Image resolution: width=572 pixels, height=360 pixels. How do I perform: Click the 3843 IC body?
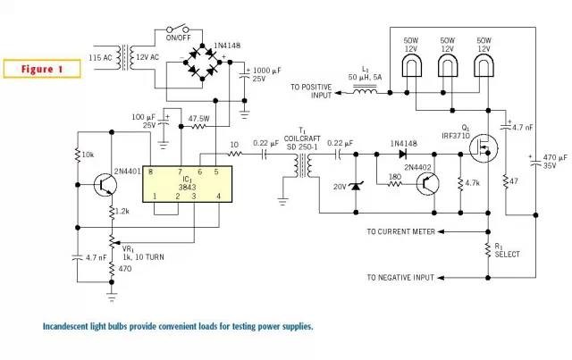pyautogui.click(x=187, y=183)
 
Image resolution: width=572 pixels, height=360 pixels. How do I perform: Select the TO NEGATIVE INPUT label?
pyautogui.click(x=400, y=278)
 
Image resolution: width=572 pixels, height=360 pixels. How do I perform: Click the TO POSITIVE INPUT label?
pyautogui.click(x=311, y=91)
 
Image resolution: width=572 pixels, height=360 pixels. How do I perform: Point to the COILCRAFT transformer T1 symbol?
pyautogui.click(x=302, y=164)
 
